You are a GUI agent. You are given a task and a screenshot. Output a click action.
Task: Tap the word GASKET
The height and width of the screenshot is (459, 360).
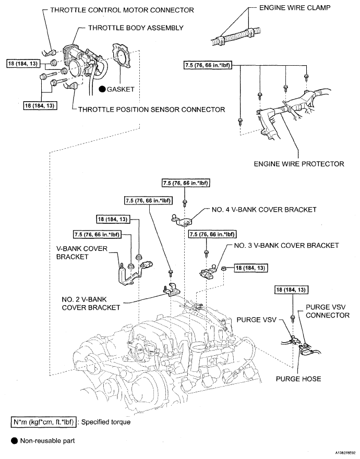click(121, 89)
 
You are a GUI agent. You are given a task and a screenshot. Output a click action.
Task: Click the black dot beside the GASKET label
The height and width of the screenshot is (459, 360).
click(102, 89)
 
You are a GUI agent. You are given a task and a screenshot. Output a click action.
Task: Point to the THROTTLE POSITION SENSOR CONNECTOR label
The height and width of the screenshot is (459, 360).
click(151, 110)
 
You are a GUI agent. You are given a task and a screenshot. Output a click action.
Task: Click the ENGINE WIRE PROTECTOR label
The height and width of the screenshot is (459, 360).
click(299, 164)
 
